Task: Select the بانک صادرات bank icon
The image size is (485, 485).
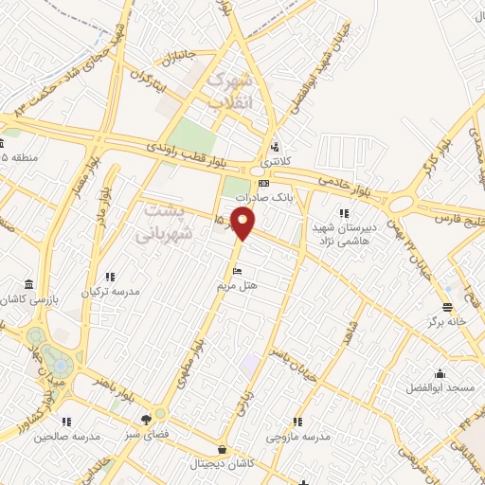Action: pos(263,183)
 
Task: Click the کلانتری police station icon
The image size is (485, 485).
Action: pos(275,147)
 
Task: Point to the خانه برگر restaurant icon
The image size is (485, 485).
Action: pos(447,305)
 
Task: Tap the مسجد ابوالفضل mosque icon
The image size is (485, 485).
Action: pos(438,372)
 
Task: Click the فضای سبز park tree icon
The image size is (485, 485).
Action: pos(145,420)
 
